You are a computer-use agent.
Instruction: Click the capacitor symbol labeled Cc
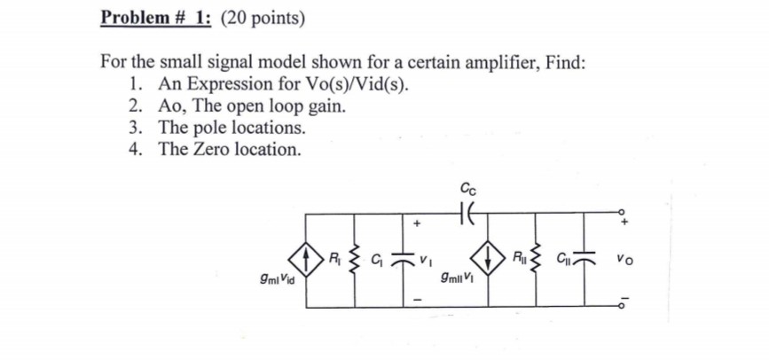[467, 213]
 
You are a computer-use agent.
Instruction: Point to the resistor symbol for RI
[355, 260]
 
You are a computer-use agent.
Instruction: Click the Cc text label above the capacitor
[467, 187]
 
